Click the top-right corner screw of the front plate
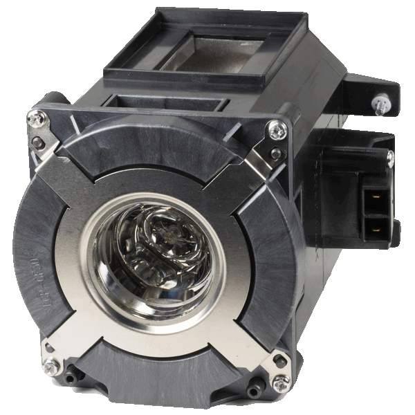(x=277, y=128)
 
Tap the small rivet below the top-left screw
(x=39, y=143)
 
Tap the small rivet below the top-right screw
(x=276, y=154)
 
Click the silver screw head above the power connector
(x=389, y=158)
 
